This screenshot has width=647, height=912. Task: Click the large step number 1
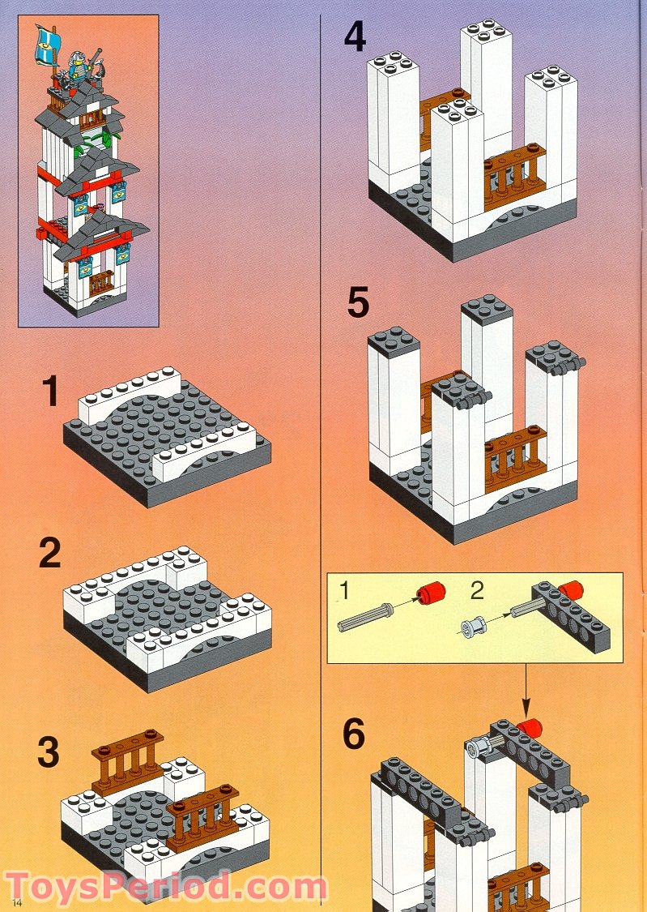(50, 392)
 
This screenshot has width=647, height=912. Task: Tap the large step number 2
(50, 554)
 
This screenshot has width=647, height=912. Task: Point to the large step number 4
(355, 37)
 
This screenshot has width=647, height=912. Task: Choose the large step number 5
(357, 304)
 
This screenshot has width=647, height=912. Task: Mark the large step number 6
(354, 734)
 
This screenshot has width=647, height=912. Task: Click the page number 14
(17, 901)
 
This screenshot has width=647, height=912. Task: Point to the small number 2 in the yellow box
(477, 590)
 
